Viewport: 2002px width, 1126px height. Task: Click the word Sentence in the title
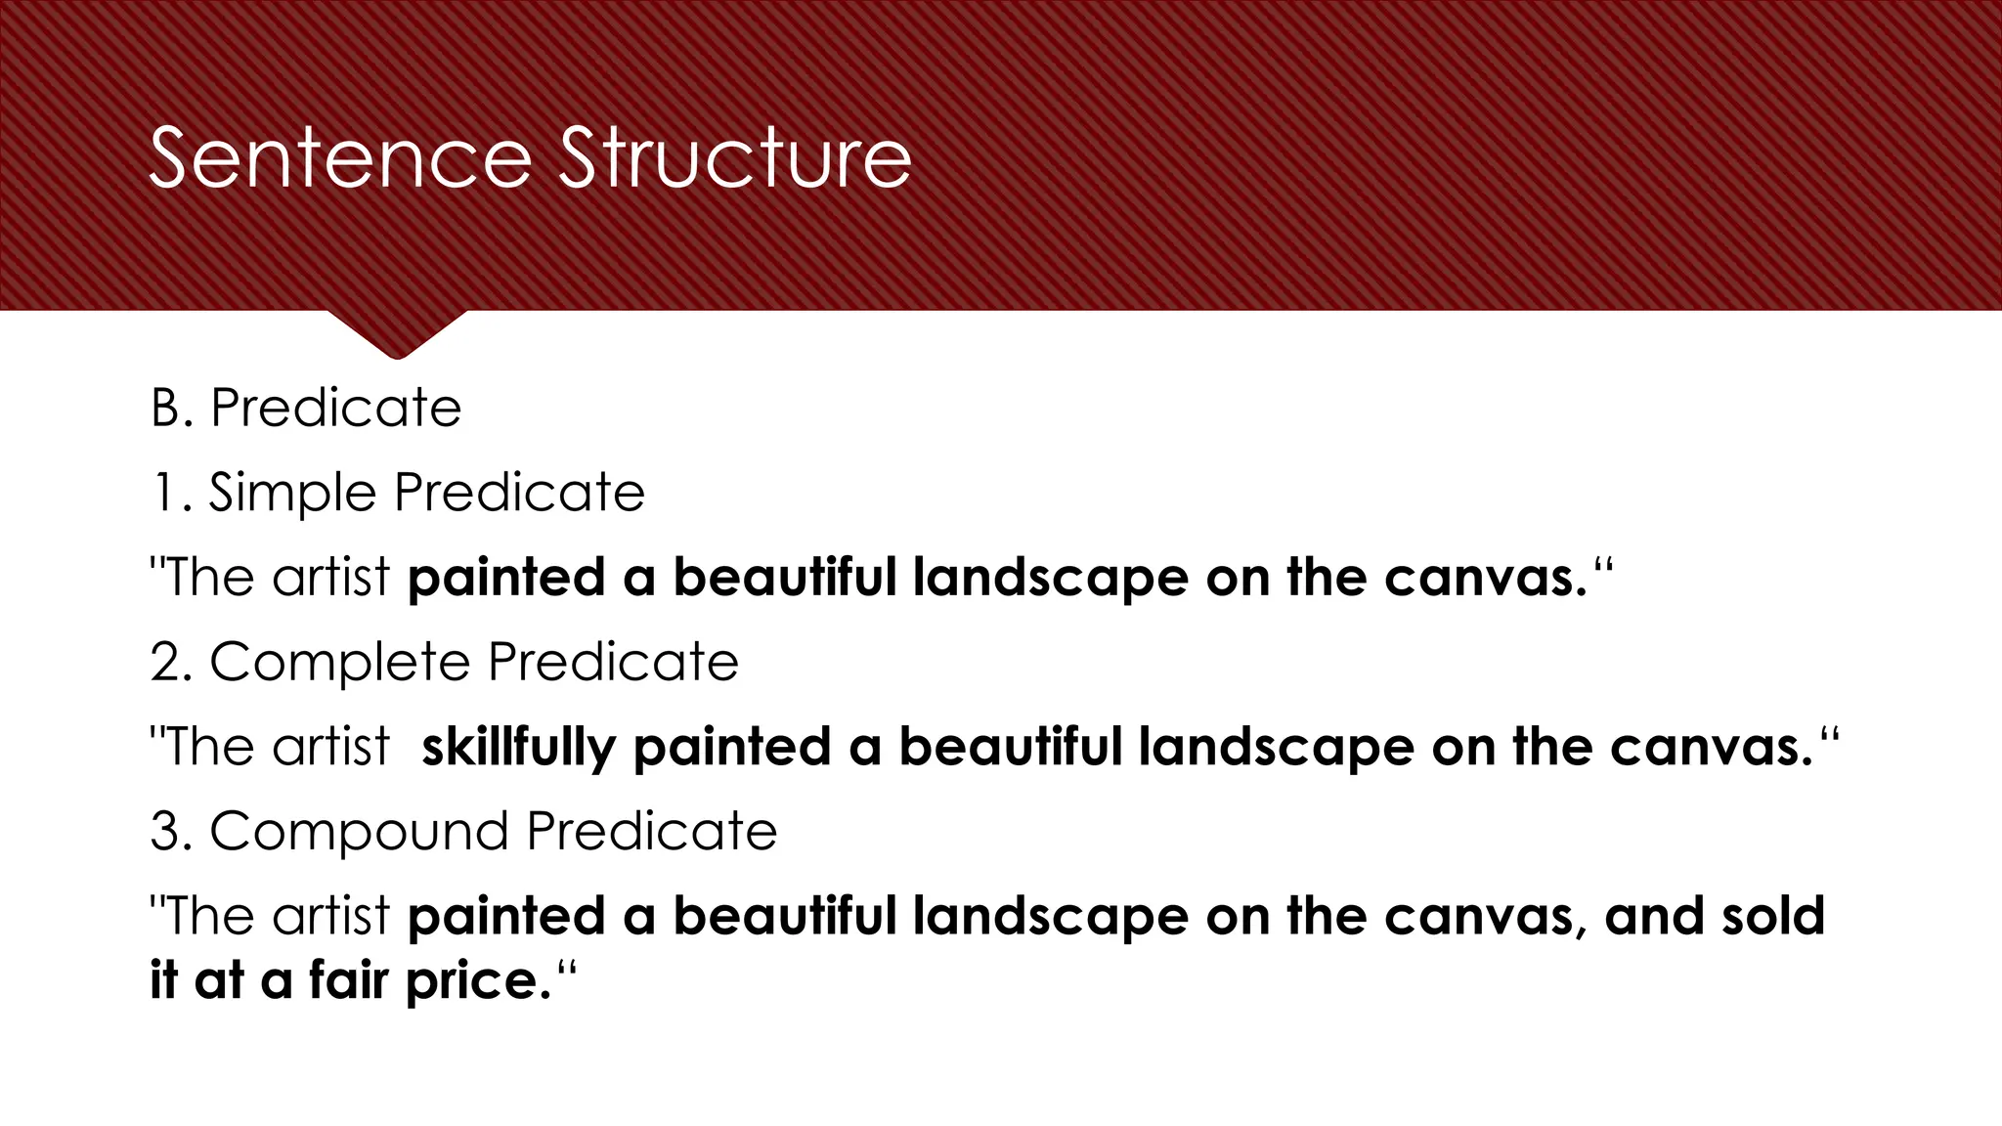point(340,158)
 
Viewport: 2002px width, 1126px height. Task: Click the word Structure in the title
point(734,158)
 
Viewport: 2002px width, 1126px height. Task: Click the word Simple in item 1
point(292,493)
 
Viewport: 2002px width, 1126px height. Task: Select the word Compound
point(359,832)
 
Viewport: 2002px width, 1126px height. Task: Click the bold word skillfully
point(518,748)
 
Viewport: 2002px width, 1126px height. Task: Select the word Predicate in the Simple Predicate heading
point(519,493)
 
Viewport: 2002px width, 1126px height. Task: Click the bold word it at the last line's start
point(163,980)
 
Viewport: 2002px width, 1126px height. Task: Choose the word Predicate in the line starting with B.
point(335,408)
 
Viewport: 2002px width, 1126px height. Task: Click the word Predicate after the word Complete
point(613,663)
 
